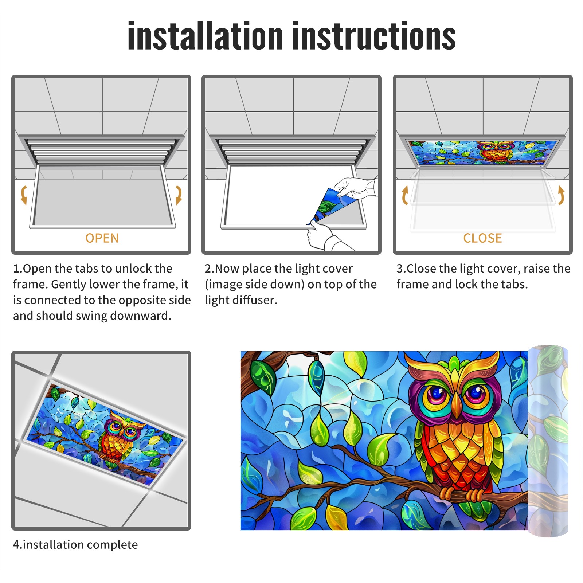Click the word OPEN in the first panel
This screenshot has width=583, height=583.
point(102,238)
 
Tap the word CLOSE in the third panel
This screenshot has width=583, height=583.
point(482,238)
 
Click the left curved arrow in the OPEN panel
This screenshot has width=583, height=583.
point(24,195)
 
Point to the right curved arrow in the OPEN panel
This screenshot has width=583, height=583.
point(179,195)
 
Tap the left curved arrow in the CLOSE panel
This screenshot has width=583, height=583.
point(404,195)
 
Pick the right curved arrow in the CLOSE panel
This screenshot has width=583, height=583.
point(561,195)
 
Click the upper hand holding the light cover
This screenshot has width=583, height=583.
point(355,188)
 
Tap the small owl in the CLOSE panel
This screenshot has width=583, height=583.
point(496,151)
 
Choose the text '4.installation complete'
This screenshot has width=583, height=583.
point(75,544)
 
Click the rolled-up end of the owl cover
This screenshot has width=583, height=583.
point(548,441)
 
